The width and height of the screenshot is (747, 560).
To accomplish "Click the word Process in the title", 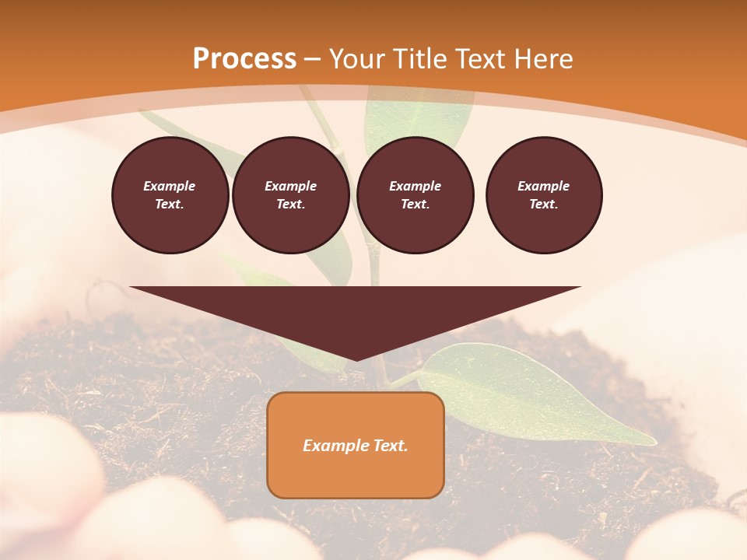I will pyautogui.click(x=244, y=59).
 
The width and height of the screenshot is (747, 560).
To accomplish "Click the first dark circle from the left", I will pyautogui.click(x=170, y=195).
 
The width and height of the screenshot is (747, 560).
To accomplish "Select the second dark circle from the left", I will pyautogui.click(x=291, y=195).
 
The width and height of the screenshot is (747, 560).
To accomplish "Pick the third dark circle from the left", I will pyautogui.click(x=416, y=195).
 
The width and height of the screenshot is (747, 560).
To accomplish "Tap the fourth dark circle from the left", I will pyautogui.click(x=544, y=195).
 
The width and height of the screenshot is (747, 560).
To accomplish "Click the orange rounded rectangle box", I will pyautogui.click(x=356, y=474).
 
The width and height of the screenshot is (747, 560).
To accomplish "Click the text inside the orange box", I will pyautogui.click(x=356, y=446).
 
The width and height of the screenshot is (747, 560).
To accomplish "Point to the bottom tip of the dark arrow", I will pyautogui.click(x=356, y=359).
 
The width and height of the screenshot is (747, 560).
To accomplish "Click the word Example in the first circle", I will pyautogui.click(x=170, y=186).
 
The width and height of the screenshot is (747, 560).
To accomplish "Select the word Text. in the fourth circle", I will pyautogui.click(x=544, y=205).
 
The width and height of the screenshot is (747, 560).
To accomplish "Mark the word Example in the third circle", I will pyautogui.click(x=416, y=186).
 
